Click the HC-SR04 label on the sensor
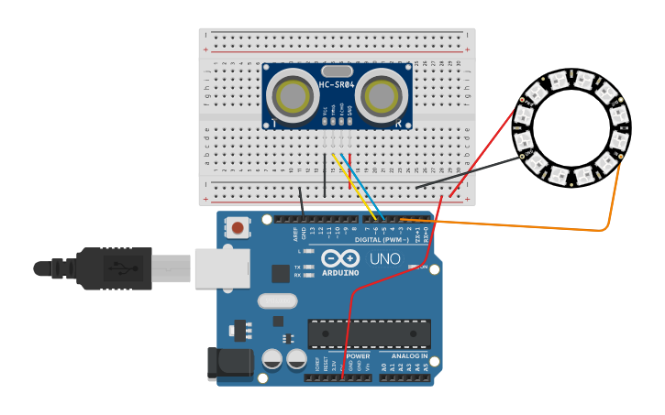click(337, 85)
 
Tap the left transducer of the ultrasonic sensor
click(294, 95)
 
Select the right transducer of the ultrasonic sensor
click(380, 95)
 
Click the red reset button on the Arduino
click(238, 227)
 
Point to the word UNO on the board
click(385, 259)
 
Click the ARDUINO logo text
click(339, 272)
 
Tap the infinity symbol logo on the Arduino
click(339, 257)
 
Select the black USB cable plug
click(110, 268)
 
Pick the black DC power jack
click(230, 363)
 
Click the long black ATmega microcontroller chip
click(369, 333)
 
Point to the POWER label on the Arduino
click(358, 355)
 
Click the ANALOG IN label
click(409, 355)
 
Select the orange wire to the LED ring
click(523, 225)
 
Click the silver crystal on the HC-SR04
click(337, 71)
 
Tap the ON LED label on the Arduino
click(423, 267)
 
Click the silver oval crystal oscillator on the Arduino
click(277, 300)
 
